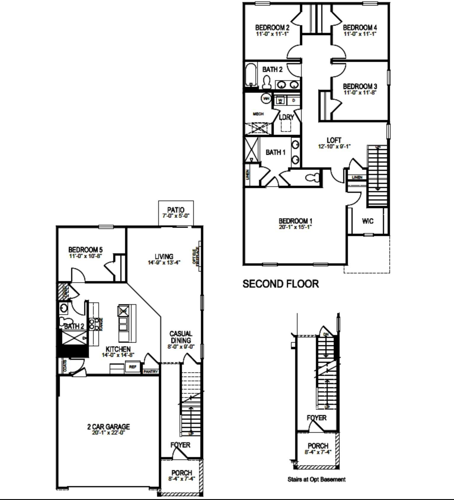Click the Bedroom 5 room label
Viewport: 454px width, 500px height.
[x=85, y=250]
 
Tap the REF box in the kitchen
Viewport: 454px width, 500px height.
[x=132, y=367]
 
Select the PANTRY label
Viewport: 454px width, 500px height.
[x=151, y=371]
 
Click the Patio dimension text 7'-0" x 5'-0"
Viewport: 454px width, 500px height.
[x=176, y=216]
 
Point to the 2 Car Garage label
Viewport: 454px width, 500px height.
[x=108, y=427]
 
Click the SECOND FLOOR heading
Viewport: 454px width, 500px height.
[x=281, y=284]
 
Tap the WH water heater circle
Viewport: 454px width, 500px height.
[x=266, y=98]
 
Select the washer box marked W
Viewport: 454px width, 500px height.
[x=280, y=100]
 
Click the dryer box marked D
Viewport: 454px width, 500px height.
[x=294, y=100]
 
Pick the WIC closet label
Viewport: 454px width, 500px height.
[x=367, y=221]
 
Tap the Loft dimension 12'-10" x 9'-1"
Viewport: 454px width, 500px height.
[x=334, y=146]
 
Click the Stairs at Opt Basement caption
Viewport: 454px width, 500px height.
[x=316, y=479]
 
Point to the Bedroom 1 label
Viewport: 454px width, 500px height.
[x=295, y=221]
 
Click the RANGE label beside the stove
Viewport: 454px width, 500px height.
[x=101, y=324]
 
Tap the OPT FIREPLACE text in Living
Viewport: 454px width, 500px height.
[x=196, y=256]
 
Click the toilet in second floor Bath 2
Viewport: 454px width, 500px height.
[x=267, y=82]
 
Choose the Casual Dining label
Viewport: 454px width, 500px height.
[x=181, y=337]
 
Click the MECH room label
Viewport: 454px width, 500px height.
[x=258, y=114]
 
